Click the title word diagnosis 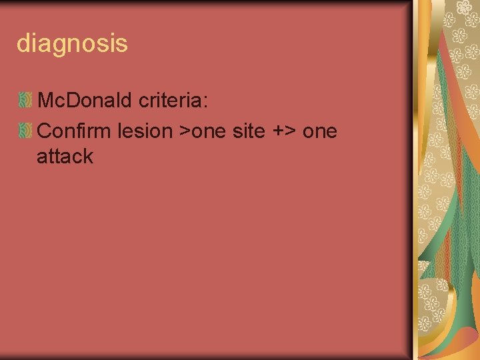(x=71, y=44)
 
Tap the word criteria (x=173, y=101)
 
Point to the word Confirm (x=75, y=131)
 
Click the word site (x=249, y=131)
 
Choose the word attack (x=65, y=157)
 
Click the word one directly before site (x=211, y=131)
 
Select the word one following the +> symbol (x=320, y=131)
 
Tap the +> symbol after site (x=285, y=131)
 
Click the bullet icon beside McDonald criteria (x=25, y=101)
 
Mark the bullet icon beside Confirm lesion (x=25, y=131)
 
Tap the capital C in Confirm (x=45, y=131)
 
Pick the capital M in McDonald (x=46, y=101)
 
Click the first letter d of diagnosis (x=23, y=43)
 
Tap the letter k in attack (x=87, y=157)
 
